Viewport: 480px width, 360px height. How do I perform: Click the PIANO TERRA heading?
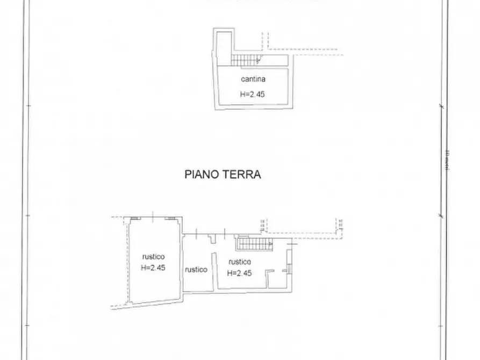pyautogui.click(x=223, y=175)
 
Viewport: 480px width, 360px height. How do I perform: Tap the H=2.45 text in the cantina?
pyautogui.click(x=253, y=94)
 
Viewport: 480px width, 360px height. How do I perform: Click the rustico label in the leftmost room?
pyautogui.click(x=153, y=256)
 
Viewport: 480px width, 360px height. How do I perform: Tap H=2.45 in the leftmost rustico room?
pyautogui.click(x=153, y=268)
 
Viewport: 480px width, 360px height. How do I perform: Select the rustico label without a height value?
pyautogui.click(x=196, y=270)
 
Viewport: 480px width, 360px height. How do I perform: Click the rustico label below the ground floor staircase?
pyautogui.click(x=240, y=262)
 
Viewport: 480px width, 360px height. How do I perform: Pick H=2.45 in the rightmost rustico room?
pyautogui.click(x=240, y=273)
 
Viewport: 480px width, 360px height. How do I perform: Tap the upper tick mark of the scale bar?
pyautogui.click(x=442, y=105)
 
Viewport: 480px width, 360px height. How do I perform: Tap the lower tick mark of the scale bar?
pyautogui.click(x=442, y=217)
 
